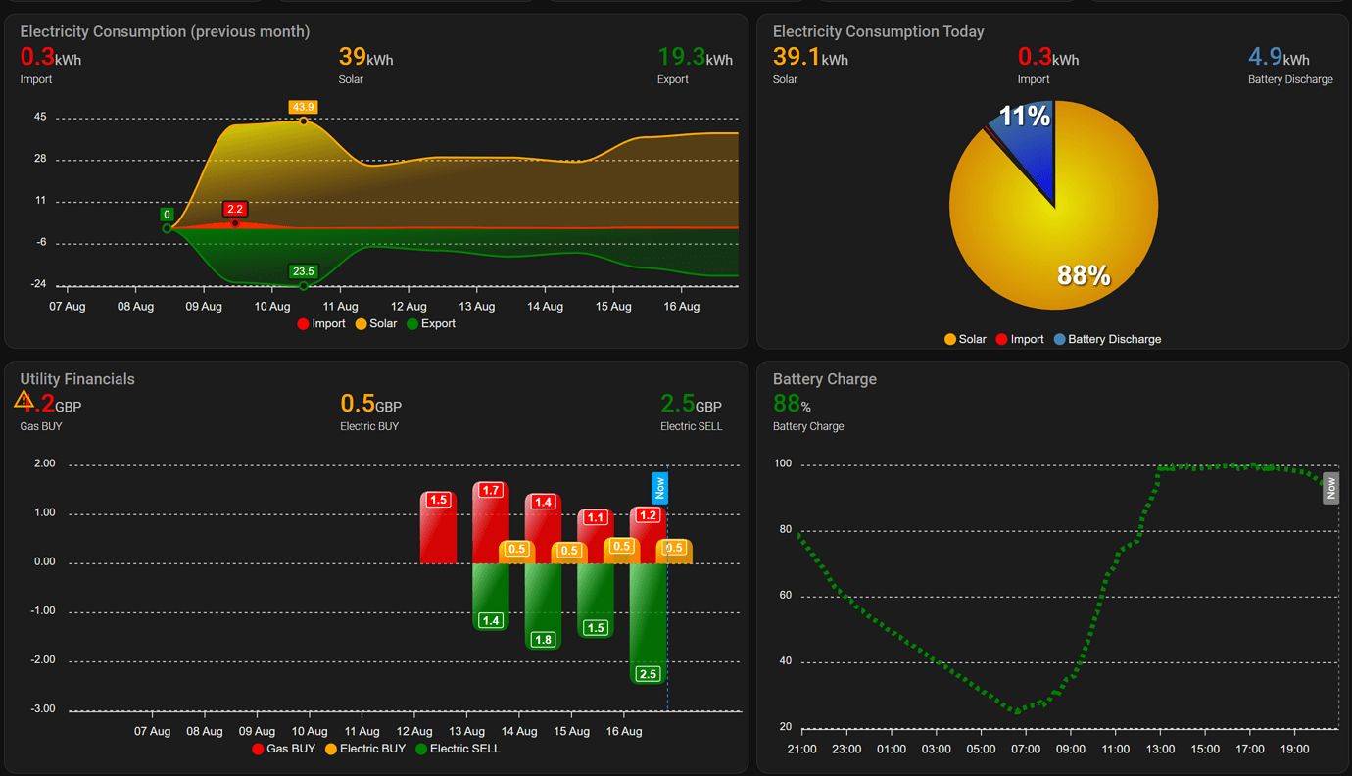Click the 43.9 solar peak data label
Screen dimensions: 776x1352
coord(303,107)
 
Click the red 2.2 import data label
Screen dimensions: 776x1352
coord(235,209)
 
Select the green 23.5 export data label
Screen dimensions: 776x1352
coord(303,271)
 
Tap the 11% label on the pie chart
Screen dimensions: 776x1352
coord(1024,117)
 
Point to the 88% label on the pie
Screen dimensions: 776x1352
coord(1084,275)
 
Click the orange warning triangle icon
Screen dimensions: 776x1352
coord(24,400)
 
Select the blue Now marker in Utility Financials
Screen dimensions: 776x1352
coord(659,488)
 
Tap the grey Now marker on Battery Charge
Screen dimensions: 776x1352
coord(1330,488)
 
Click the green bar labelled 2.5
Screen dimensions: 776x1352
coord(647,617)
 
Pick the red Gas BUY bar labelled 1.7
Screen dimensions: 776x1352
coord(490,524)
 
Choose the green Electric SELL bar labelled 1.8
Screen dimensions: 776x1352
coord(543,603)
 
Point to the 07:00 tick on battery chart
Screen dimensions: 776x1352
coord(1026,749)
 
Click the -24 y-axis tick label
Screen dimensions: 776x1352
coord(39,284)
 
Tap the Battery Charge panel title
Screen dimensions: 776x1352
coord(824,379)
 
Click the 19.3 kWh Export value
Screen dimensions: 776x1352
coord(695,58)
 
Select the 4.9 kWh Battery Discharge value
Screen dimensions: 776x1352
coord(1279,58)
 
